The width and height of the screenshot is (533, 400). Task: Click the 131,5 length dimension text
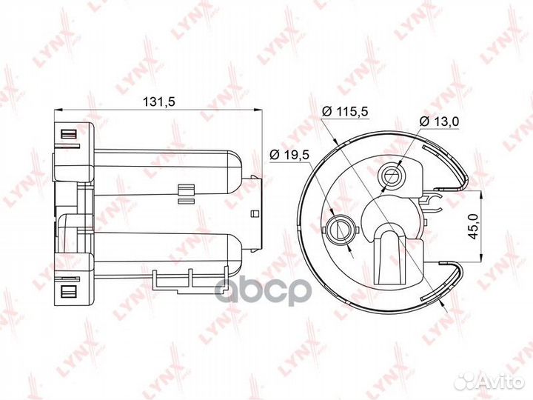point(156,103)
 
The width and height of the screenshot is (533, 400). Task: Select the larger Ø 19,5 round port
point(340,227)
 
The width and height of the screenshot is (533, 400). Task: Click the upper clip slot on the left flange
point(68,135)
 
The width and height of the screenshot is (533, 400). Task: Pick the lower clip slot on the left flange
point(68,290)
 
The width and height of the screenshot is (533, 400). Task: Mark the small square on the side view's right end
point(255,214)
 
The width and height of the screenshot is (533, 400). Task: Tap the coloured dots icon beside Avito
point(467,379)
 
